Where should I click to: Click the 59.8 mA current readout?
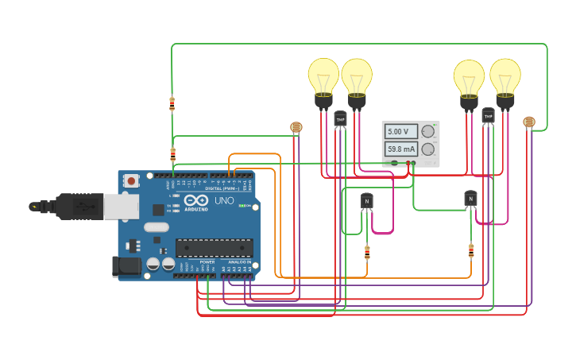(401, 149)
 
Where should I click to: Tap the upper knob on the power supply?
(428, 131)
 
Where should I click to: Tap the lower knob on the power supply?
(428, 149)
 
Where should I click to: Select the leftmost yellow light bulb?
(323, 79)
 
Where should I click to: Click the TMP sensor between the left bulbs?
(340, 119)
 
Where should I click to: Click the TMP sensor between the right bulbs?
(488, 116)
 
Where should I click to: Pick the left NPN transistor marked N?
(366, 201)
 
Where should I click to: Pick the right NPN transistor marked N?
(470, 199)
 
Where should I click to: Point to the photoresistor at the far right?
(529, 122)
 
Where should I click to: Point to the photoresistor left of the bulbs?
(296, 127)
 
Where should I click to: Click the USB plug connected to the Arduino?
(79, 207)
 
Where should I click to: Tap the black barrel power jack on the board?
(126, 266)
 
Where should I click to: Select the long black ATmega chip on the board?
(215, 247)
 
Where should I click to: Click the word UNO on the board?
(224, 200)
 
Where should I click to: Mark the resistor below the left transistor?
(367, 253)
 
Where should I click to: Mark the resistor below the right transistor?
(471, 251)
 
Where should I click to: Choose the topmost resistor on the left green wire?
(172, 103)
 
